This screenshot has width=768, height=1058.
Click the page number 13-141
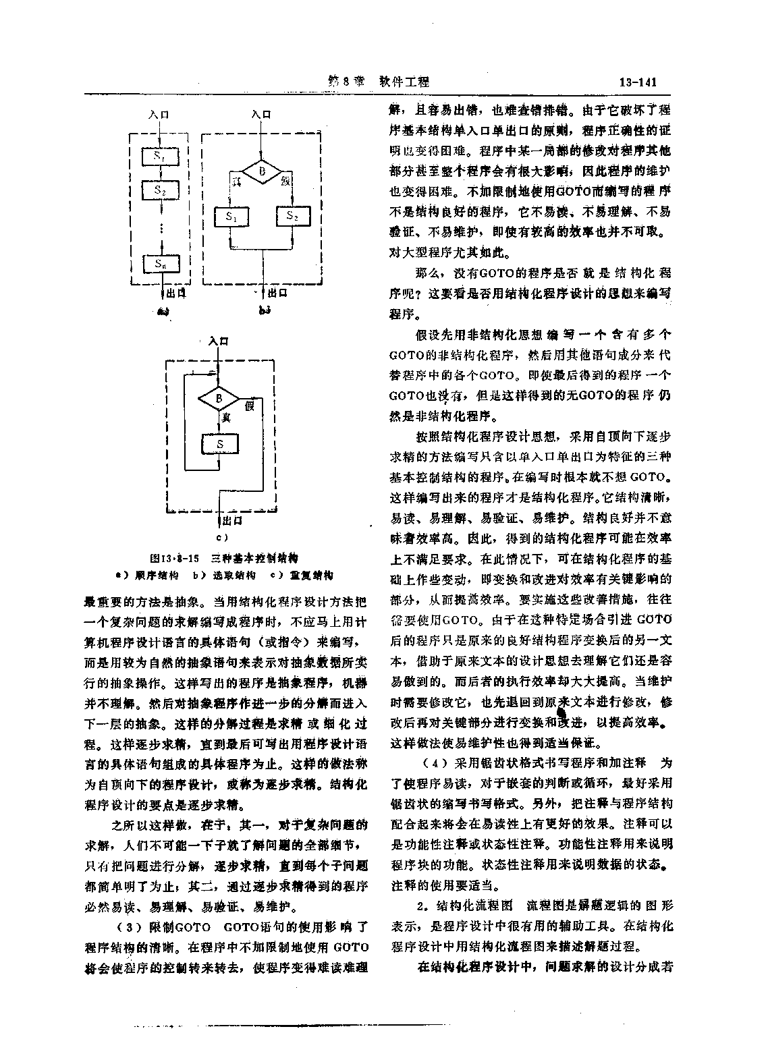pyautogui.click(x=637, y=82)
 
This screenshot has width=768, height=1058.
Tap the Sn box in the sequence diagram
pyautogui.click(x=160, y=264)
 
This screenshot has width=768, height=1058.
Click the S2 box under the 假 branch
pyautogui.click(x=292, y=217)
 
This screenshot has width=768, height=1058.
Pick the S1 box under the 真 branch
pyautogui.click(x=231, y=217)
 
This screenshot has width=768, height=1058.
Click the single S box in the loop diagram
pyautogui.click(x=219, y=445)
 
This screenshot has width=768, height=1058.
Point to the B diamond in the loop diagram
pyautogui.click(x=218, y=399)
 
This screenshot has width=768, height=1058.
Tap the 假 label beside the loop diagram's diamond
pyautogui.click(x=249, y=406)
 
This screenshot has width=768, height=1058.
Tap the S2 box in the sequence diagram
pyautogui.click(x=160, y=190)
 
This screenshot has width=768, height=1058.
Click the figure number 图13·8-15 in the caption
pyautogui.click(x=174, y=559)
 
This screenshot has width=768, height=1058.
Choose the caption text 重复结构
pyautogui.click(x=311, y=576)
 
